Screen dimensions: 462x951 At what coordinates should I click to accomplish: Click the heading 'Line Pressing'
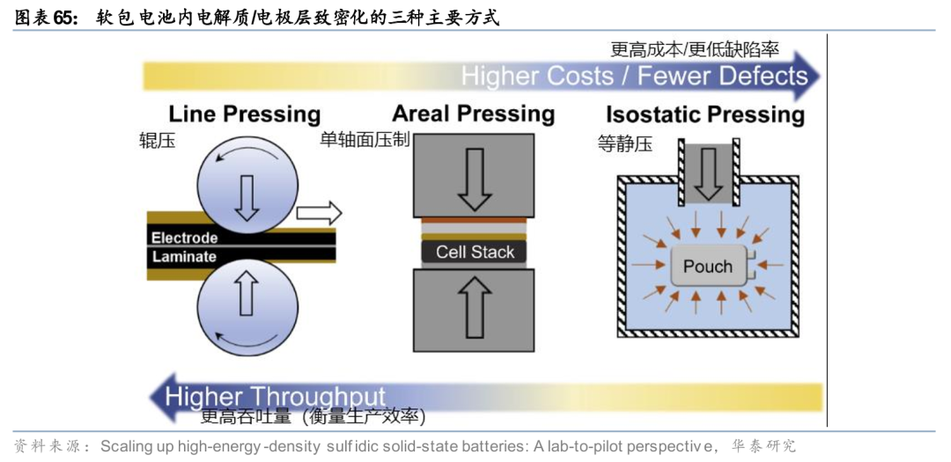coord(245,114)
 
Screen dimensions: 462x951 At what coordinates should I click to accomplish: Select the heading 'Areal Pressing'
coord(473,114)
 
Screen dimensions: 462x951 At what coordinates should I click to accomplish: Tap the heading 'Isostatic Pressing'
coord(704,114)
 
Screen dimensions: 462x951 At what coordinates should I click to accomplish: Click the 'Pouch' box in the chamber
coord(708,266)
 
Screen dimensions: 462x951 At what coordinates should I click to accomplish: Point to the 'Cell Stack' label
coord(475,252)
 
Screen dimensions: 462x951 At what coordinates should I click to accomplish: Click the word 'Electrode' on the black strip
coord(184,238)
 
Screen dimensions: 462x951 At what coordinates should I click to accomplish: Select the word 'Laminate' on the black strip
coord(184,257)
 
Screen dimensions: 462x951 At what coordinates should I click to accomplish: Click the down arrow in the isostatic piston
coord(707,172)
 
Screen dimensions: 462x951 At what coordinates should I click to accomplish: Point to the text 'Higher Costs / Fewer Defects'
coord(634,76)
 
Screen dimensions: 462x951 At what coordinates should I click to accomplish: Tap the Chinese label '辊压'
coord(157,141)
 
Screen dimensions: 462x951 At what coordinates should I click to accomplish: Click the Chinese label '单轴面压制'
coord(364,140)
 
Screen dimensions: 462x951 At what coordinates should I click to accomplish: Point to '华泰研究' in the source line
coord(763,446)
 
